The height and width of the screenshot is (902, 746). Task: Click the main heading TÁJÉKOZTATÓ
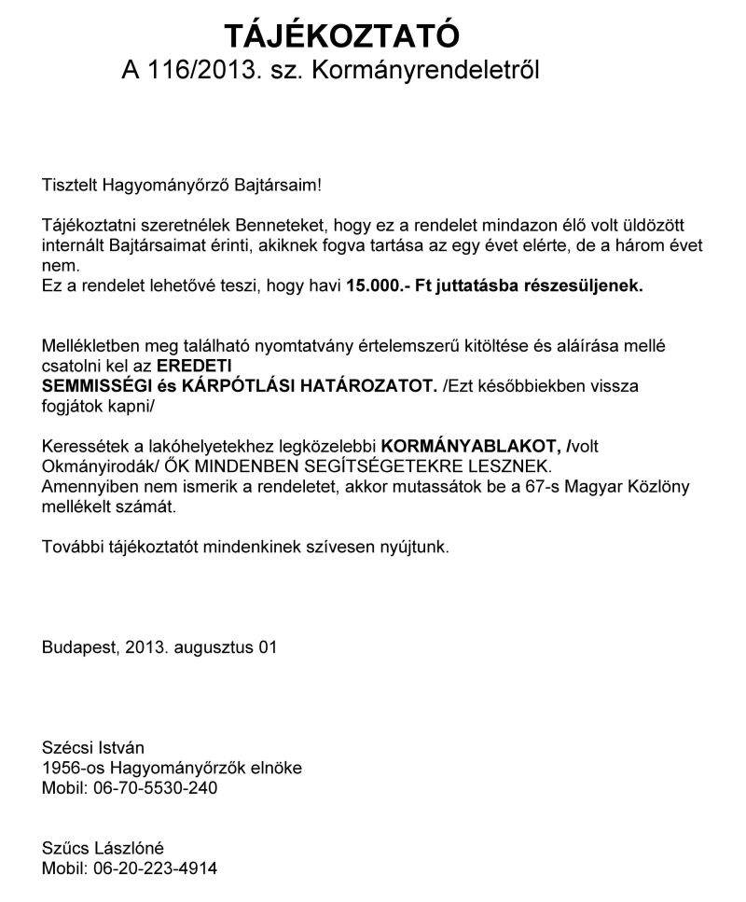click(x=342, y=36)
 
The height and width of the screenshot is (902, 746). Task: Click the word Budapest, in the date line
click(x=78, y=645)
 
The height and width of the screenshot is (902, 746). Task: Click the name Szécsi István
click(x=93, y=747)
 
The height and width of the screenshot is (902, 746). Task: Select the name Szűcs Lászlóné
click(x=103, y=848)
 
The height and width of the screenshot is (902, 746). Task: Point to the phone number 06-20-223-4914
click(x=156, y=868)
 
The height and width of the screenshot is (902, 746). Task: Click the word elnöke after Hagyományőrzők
click(x=276, y=768)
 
